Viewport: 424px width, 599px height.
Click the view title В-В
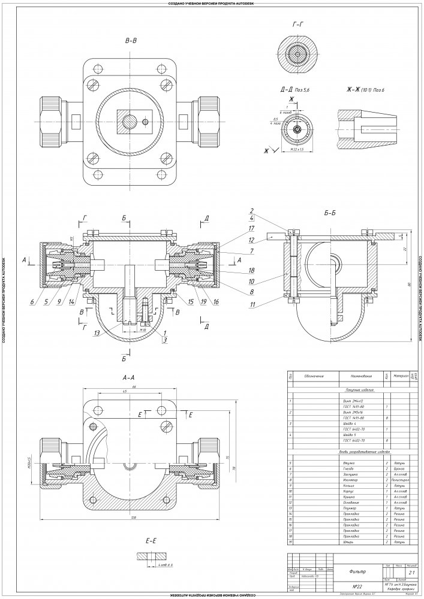[131, 41]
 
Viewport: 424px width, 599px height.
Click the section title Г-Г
[298, 24]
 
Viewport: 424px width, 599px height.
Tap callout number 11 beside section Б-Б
[252, 305]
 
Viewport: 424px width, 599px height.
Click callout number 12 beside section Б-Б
[252, 240]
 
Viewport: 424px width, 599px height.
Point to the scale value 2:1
[411, 573]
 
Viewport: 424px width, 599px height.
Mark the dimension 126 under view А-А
[132, 515]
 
